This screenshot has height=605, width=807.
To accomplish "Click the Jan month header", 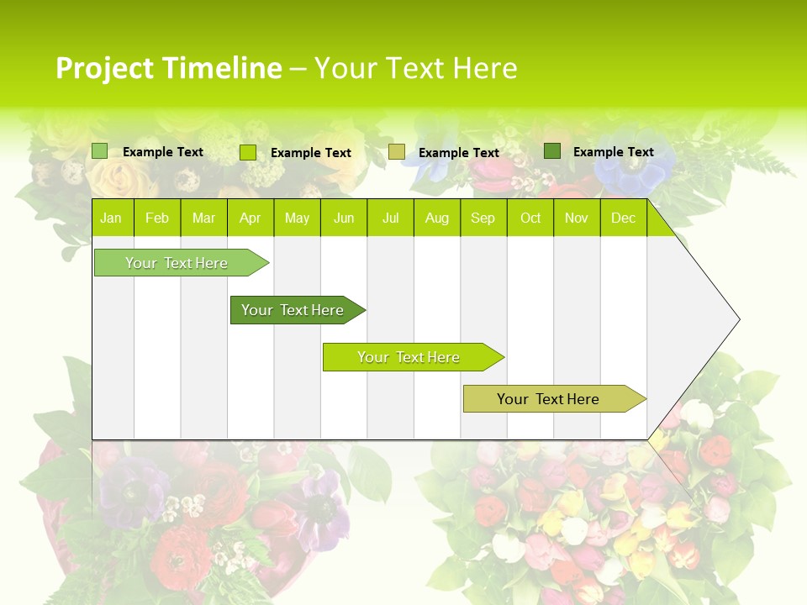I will coord(111,218).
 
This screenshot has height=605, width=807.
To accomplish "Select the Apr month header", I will coord(250,218).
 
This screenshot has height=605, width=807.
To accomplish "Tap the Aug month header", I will coord(436,218).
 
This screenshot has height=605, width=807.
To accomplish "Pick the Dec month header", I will coord(623,218).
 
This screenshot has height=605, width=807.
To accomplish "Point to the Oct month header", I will coord(530,218).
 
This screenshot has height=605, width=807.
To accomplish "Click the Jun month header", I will coord(343,218).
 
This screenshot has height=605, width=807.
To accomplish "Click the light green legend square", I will coord(99,151).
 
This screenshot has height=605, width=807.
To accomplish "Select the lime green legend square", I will coord(248,152).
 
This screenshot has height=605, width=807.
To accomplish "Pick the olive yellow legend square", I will coord(397,151).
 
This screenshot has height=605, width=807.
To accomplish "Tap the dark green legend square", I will coord(551,151).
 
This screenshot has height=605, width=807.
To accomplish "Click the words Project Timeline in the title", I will coord(168,68).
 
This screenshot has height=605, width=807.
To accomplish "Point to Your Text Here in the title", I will coord(415,68).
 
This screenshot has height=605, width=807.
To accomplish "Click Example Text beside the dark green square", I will coord(613,152).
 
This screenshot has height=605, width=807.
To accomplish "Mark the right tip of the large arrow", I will coord(738,319).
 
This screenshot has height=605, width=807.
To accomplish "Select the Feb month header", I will coord(157,218).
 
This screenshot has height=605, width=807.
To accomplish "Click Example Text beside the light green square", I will coord(162,152).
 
